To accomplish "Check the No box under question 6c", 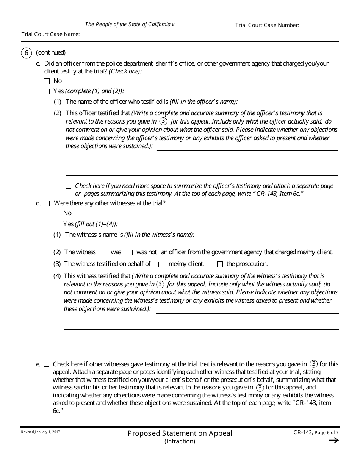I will point(47,81).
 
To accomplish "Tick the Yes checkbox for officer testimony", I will point(47,91).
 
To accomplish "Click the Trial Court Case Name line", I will point(158,34).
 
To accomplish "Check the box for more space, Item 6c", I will point(68,186).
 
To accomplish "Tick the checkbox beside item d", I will point(47,204).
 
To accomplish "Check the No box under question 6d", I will point(57,214).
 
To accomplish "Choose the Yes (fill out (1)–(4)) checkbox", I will point(57,224).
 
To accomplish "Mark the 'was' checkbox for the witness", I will point(104,253).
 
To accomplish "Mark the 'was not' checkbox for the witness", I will point(130,253).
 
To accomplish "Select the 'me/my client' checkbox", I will point(161,264).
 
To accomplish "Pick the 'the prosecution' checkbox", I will point(220,264).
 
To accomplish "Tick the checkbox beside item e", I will point(47,364).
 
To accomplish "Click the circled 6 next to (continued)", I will point(26,53).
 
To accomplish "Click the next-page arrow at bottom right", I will point(333,440).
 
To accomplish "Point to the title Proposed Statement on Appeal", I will point(180,433).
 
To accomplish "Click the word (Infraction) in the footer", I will point(180,441).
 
